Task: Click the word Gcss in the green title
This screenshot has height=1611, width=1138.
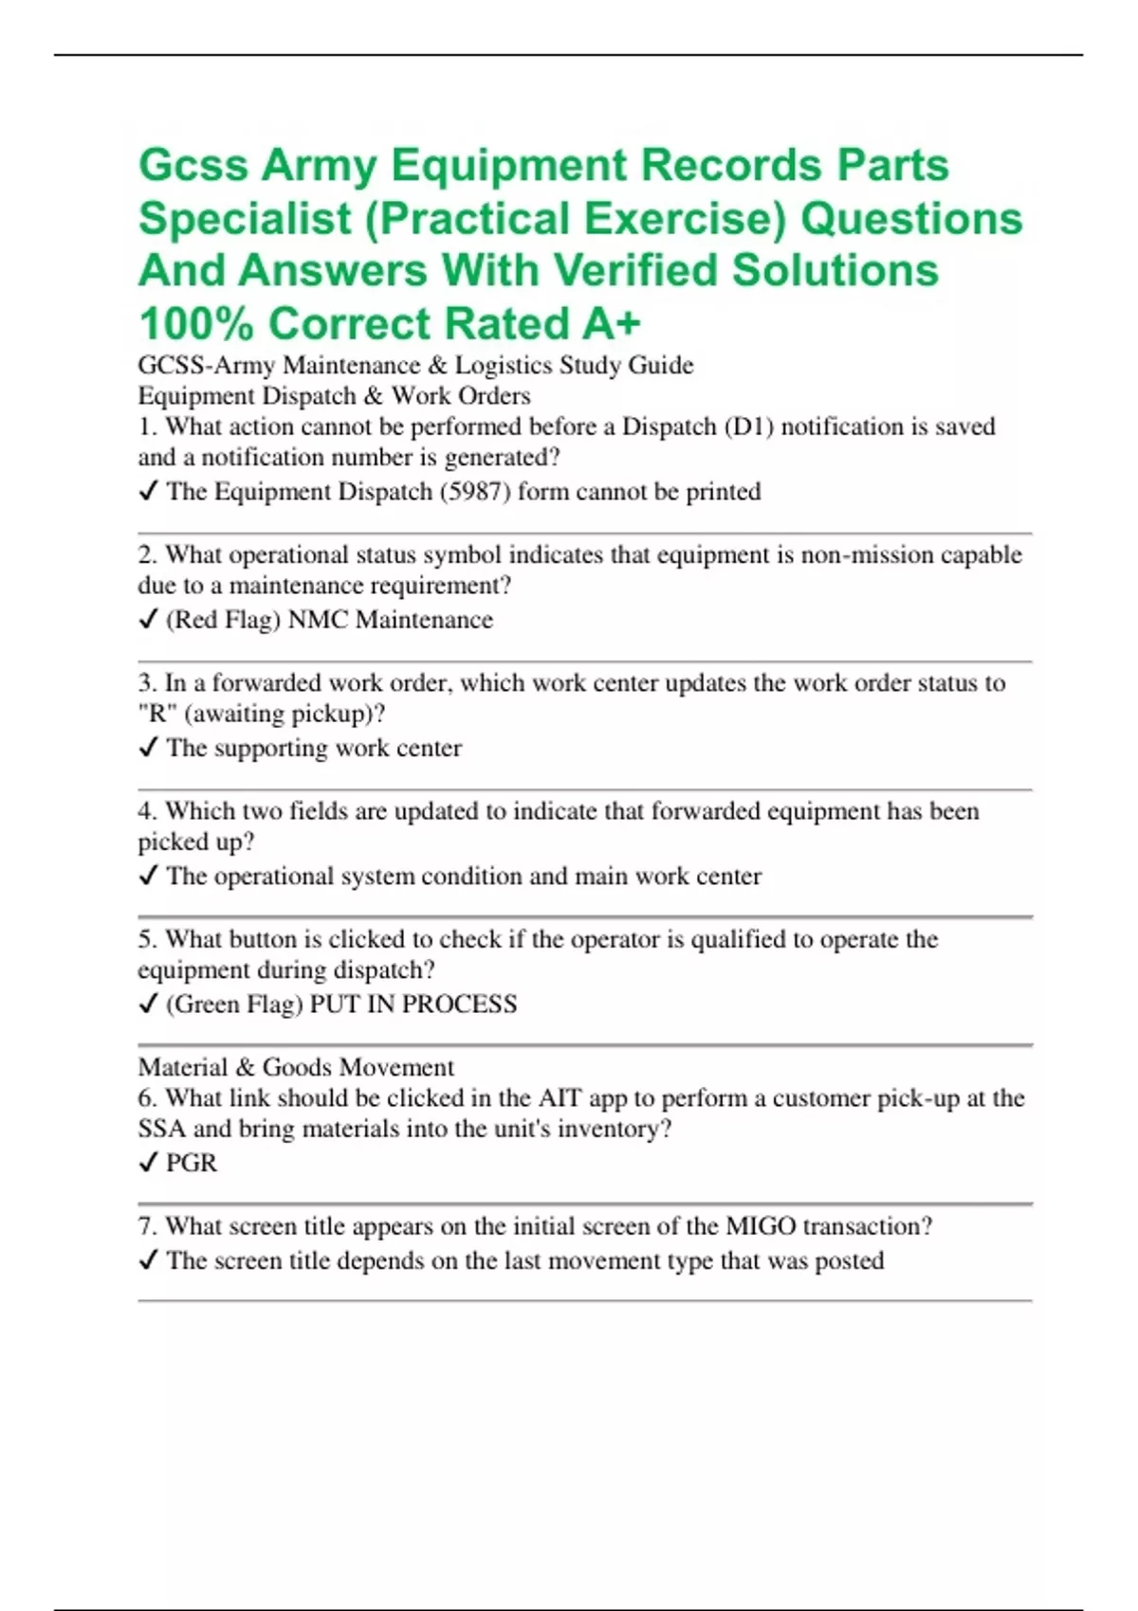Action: point(193,166)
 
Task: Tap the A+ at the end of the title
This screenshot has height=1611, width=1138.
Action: point(612,324)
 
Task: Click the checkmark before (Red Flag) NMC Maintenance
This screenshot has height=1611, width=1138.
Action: point(148,620)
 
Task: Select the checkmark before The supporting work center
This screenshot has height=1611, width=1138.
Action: point(148,748)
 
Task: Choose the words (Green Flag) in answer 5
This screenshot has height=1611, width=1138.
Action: point(234,1005)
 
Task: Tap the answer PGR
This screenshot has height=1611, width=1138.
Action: point(192,1163)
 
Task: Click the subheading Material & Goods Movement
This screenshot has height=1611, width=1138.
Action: point(296,1067)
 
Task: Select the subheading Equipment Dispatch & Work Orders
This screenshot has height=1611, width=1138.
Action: point(334,396)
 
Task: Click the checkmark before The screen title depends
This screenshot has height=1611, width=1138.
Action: point(148,1260)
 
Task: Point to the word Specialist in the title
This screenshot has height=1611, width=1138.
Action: point(245,219)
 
